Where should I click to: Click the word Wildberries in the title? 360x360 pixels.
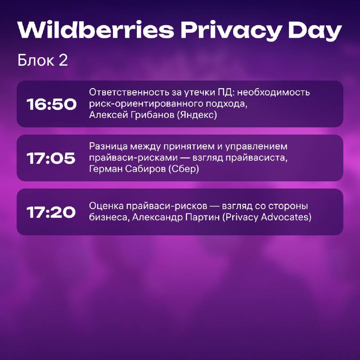(96, 30)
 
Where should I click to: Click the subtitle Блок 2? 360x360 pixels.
(43, 60)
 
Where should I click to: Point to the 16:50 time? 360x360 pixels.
(51, 104)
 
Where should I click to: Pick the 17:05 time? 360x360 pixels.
(51, 158)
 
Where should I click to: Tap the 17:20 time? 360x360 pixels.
(51, 212)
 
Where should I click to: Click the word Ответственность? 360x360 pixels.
(129, 92)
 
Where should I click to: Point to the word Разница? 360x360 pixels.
(108, 147)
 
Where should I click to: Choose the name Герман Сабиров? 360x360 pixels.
(127, 169)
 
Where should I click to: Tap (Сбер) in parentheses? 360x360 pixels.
(184, 169)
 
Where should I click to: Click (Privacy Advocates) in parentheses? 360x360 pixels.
(267, 217)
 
